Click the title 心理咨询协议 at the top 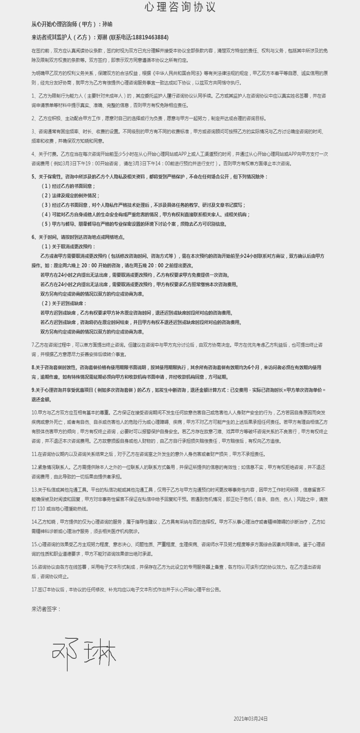point(180,7)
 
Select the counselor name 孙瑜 point(108,24)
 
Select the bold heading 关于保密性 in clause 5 point(50,177)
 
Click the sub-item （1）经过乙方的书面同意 point(68,186)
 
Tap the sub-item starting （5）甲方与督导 point(134,224)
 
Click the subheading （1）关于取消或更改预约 point(68,246)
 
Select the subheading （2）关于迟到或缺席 point(63,303)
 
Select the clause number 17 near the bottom point(34,590)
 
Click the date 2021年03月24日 point(250,718)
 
